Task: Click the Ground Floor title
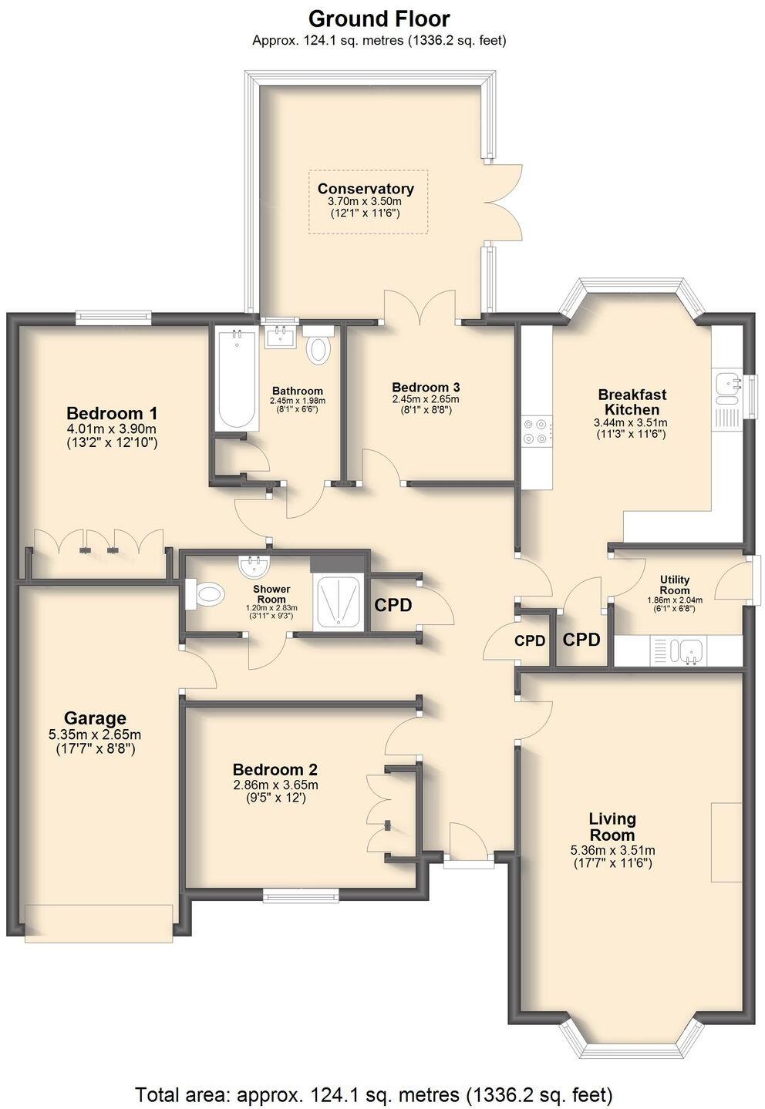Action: click(379, 18)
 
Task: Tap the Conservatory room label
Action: click(366, 189)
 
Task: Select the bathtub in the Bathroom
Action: click(237, 379)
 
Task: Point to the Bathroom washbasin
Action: click(279, 337)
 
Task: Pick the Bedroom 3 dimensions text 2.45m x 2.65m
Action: click(426, 399)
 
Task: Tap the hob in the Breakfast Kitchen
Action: click(537, 431)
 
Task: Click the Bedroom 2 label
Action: click(275, 770)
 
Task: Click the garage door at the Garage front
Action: click(99, 922)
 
